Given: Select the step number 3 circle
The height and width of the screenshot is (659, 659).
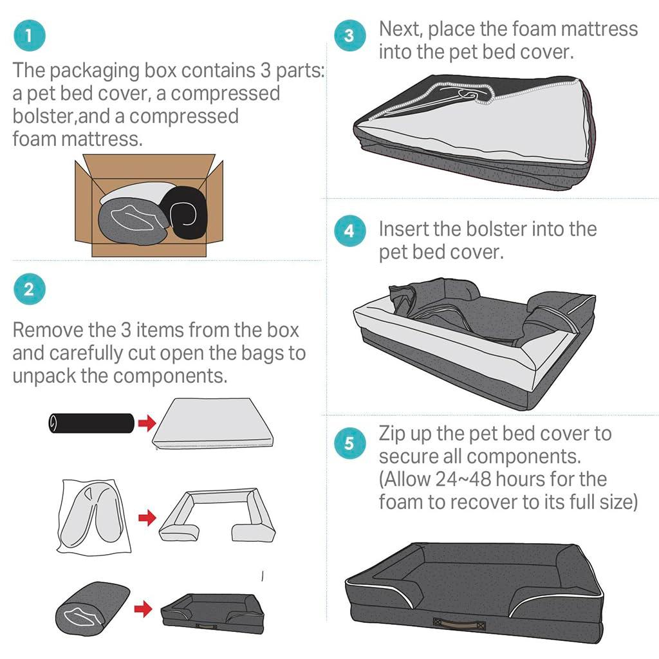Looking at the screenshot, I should pyautogui.click(x=349, y=36).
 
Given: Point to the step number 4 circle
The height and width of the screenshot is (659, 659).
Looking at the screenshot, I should pyautogui.click(x=349, y=230).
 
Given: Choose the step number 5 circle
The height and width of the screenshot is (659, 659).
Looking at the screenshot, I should pyautogui.click(x=349, y=443).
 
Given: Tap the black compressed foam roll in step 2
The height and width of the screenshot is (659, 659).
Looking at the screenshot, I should pyautogui.click(x=90, y=423).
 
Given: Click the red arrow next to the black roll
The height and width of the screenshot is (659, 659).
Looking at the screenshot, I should pyautogui.click(x=147, y=423).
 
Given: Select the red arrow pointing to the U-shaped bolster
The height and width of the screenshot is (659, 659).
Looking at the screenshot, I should pyautogui.click(x=147, y=517).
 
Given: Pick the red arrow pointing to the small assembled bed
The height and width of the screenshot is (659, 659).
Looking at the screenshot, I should pyautogui.click(x=143, y=608).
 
